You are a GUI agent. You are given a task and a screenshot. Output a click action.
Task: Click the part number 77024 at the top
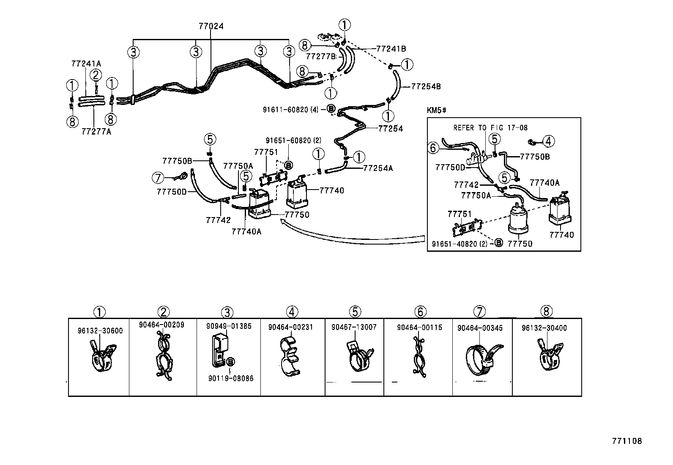pyautogui.click(x=211, y=26)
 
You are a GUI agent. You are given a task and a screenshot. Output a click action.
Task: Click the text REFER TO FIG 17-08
pyautogui.click(x=490, y=127)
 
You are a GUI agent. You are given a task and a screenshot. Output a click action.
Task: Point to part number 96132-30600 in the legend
pyautogui.click(x=100, y=330)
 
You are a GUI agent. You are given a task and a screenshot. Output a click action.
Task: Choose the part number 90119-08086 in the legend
pyautogui.click(x=231, y=378)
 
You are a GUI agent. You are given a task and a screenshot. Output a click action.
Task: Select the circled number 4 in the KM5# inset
pyautogui.click(x=548, y=141)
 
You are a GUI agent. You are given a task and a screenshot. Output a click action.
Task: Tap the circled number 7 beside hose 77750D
pyautogui.click(x=157, y=178)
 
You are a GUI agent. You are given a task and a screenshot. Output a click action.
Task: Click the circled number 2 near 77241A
pyautogui.click(x=96, y=75)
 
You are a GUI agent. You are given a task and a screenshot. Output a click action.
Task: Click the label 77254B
pyautogui.click(x=425, y=86)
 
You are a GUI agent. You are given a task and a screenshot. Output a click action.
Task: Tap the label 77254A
pyautogui.click(x=378, y=168)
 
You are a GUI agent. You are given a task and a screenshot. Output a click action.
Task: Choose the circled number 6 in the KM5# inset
pyautogui.click(x=432, y=148)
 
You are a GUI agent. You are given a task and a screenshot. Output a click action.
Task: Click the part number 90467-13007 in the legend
pyautogui.click(x=354, y=327)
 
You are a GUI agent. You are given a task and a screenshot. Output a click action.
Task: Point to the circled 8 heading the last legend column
pyautogui.click(x=546, y=312)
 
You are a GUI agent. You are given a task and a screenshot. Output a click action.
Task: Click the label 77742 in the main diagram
pyautogui.click(x=218, y=220)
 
